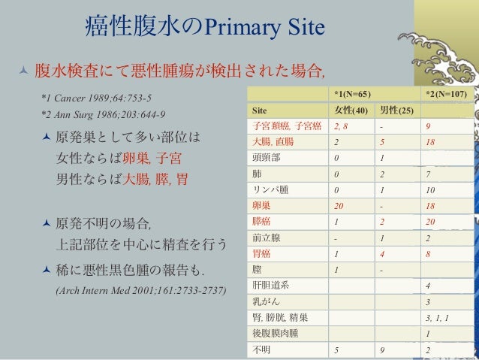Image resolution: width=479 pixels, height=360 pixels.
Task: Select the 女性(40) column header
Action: tap(351, 110)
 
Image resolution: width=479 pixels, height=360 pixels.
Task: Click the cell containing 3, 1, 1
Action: tap(436, 317)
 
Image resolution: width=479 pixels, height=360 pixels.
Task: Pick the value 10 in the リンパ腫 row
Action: tap(429, 189)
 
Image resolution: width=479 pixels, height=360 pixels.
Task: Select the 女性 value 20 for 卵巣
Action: tap(340, 205)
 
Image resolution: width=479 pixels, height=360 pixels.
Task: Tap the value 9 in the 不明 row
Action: tap(383, 349)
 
